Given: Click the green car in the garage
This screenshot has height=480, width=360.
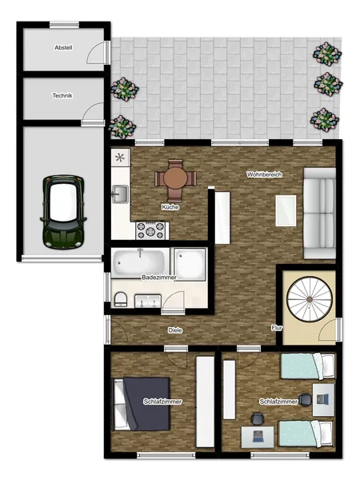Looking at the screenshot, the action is point(63,211).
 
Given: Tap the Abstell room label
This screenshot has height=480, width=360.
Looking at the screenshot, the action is point(63,48).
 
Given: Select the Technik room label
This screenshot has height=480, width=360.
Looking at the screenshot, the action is point(62,96).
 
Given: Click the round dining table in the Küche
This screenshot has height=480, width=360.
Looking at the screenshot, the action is point(175,178).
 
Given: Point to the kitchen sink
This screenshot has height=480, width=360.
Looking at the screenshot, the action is point(120,194).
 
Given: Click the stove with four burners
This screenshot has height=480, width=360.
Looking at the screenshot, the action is point(150,230).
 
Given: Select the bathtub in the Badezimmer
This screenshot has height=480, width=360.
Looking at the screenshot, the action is point(141,262).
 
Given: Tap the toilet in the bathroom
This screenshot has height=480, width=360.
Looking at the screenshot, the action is point(121,299).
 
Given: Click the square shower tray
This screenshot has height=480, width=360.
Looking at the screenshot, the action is point(190,264).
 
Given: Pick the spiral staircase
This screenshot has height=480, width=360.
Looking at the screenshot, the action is point(310,299).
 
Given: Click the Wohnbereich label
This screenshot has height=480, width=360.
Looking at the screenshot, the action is point(264,174).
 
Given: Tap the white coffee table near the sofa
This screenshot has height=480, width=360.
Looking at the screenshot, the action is point(286,210).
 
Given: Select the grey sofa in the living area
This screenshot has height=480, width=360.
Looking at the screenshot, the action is point(319,213).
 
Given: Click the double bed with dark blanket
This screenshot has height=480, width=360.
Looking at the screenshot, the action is point(142,404).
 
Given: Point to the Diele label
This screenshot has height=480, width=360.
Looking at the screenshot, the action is point(175,330).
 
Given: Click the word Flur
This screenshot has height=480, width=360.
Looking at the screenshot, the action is point(277,328).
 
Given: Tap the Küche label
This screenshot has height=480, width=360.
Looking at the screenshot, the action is point(170,207).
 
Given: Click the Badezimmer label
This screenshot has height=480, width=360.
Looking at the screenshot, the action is point(159,278).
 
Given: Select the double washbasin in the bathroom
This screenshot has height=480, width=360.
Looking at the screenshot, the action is point(148,301).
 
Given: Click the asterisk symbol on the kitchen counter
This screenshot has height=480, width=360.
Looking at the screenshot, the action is point(120,158).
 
